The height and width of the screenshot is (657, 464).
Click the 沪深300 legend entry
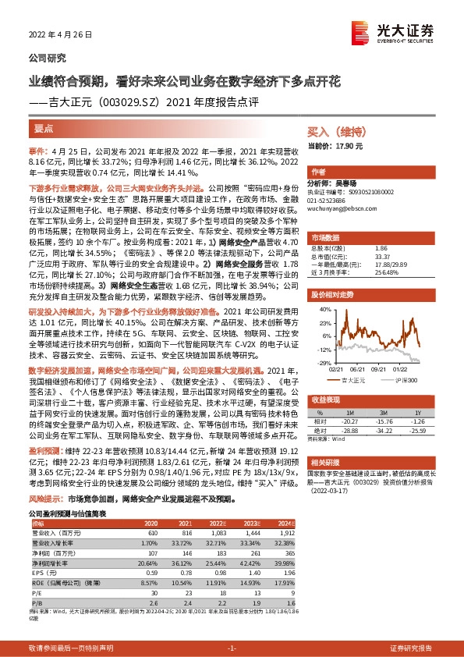pyautogui.click(x=404, y=380)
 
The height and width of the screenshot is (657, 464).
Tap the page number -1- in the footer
pyautogui.click(x=232, y=648)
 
